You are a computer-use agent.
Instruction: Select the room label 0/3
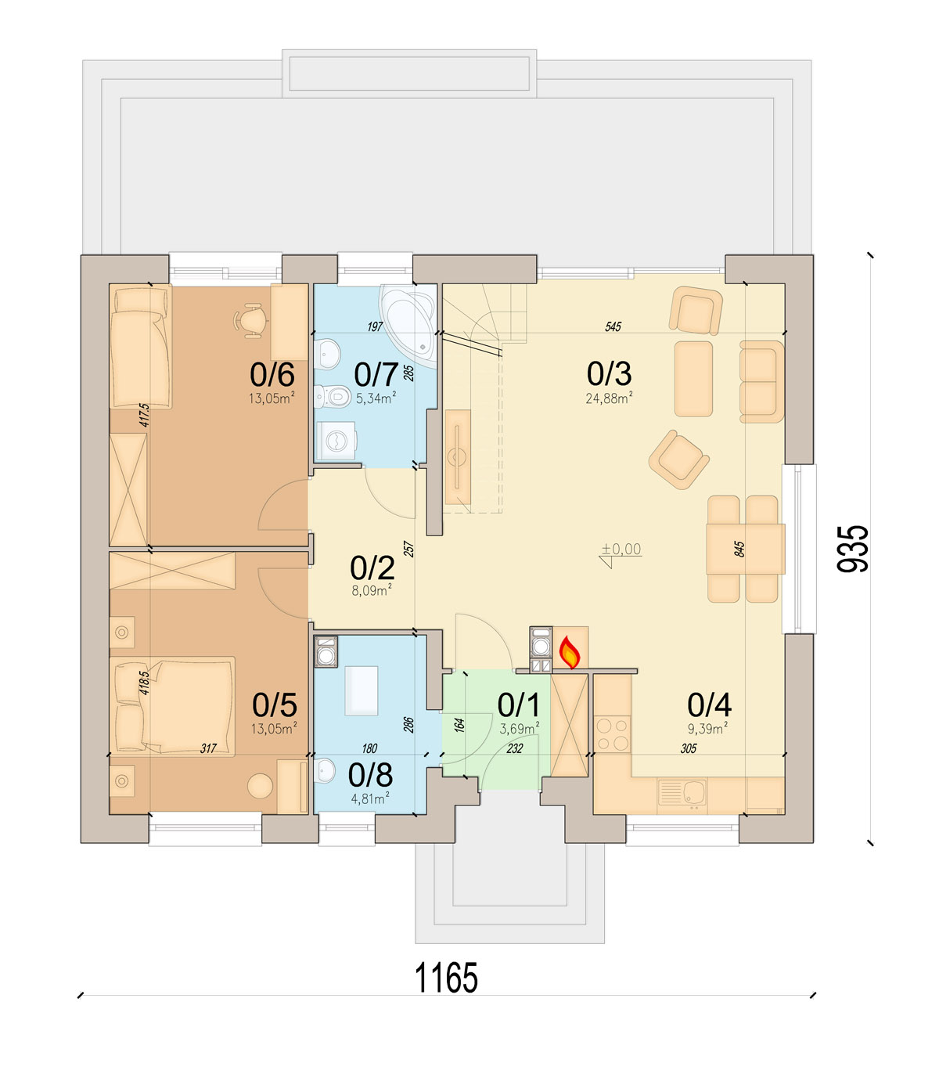(609, 373)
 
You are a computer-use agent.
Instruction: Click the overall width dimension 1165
(447, 978)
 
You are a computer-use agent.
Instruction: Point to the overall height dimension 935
(852, 549)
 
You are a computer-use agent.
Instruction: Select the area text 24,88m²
(609, 398)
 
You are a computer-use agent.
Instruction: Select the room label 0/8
(370, 775)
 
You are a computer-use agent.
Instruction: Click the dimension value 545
(613, 326)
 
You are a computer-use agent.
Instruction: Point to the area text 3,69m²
(520, 729)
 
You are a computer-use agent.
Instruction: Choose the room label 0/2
(372, 568)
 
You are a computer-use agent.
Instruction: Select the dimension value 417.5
(146, 415)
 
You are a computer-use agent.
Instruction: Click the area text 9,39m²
(707, 728)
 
